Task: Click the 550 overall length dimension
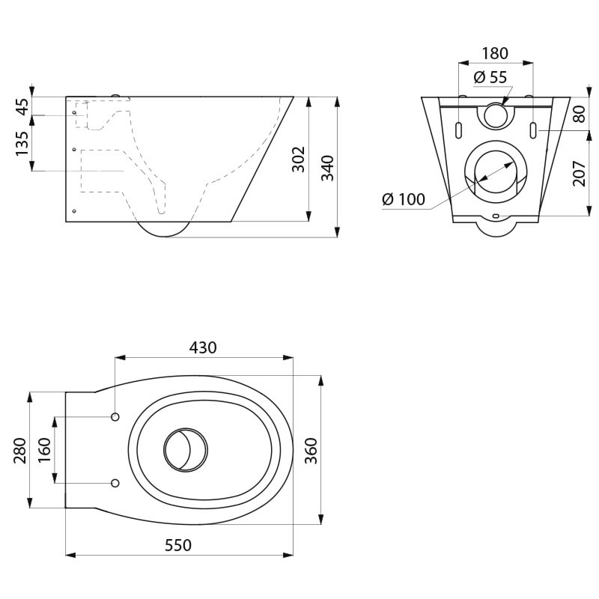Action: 178,545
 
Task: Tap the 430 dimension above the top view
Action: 203,347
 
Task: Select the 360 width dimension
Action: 311,451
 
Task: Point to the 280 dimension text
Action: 20,451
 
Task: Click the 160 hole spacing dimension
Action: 44,450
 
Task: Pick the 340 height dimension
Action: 327,168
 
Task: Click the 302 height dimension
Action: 298,159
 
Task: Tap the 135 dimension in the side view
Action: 22,143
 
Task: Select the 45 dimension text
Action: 22,106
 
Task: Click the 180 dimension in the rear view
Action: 495,53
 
